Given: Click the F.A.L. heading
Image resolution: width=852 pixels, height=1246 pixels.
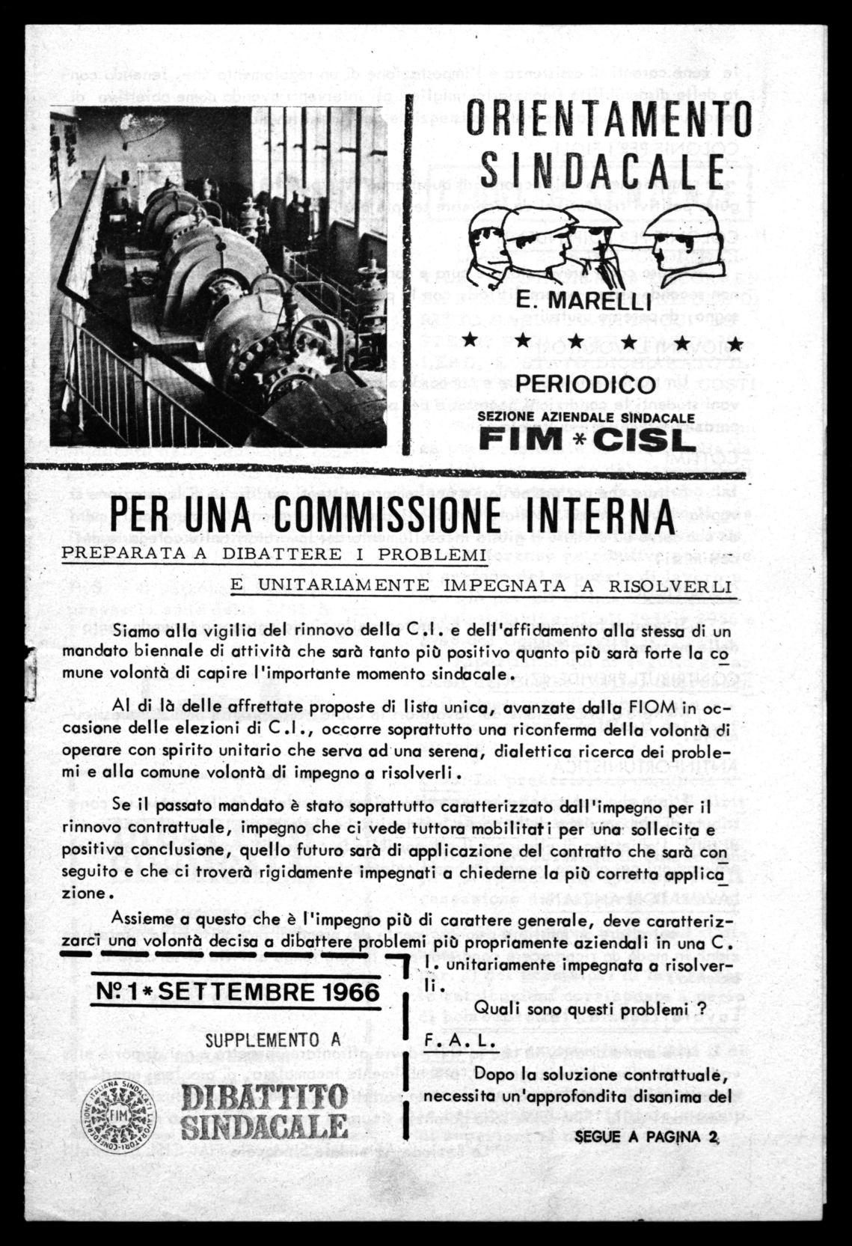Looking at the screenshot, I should [x=449, y=1039].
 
